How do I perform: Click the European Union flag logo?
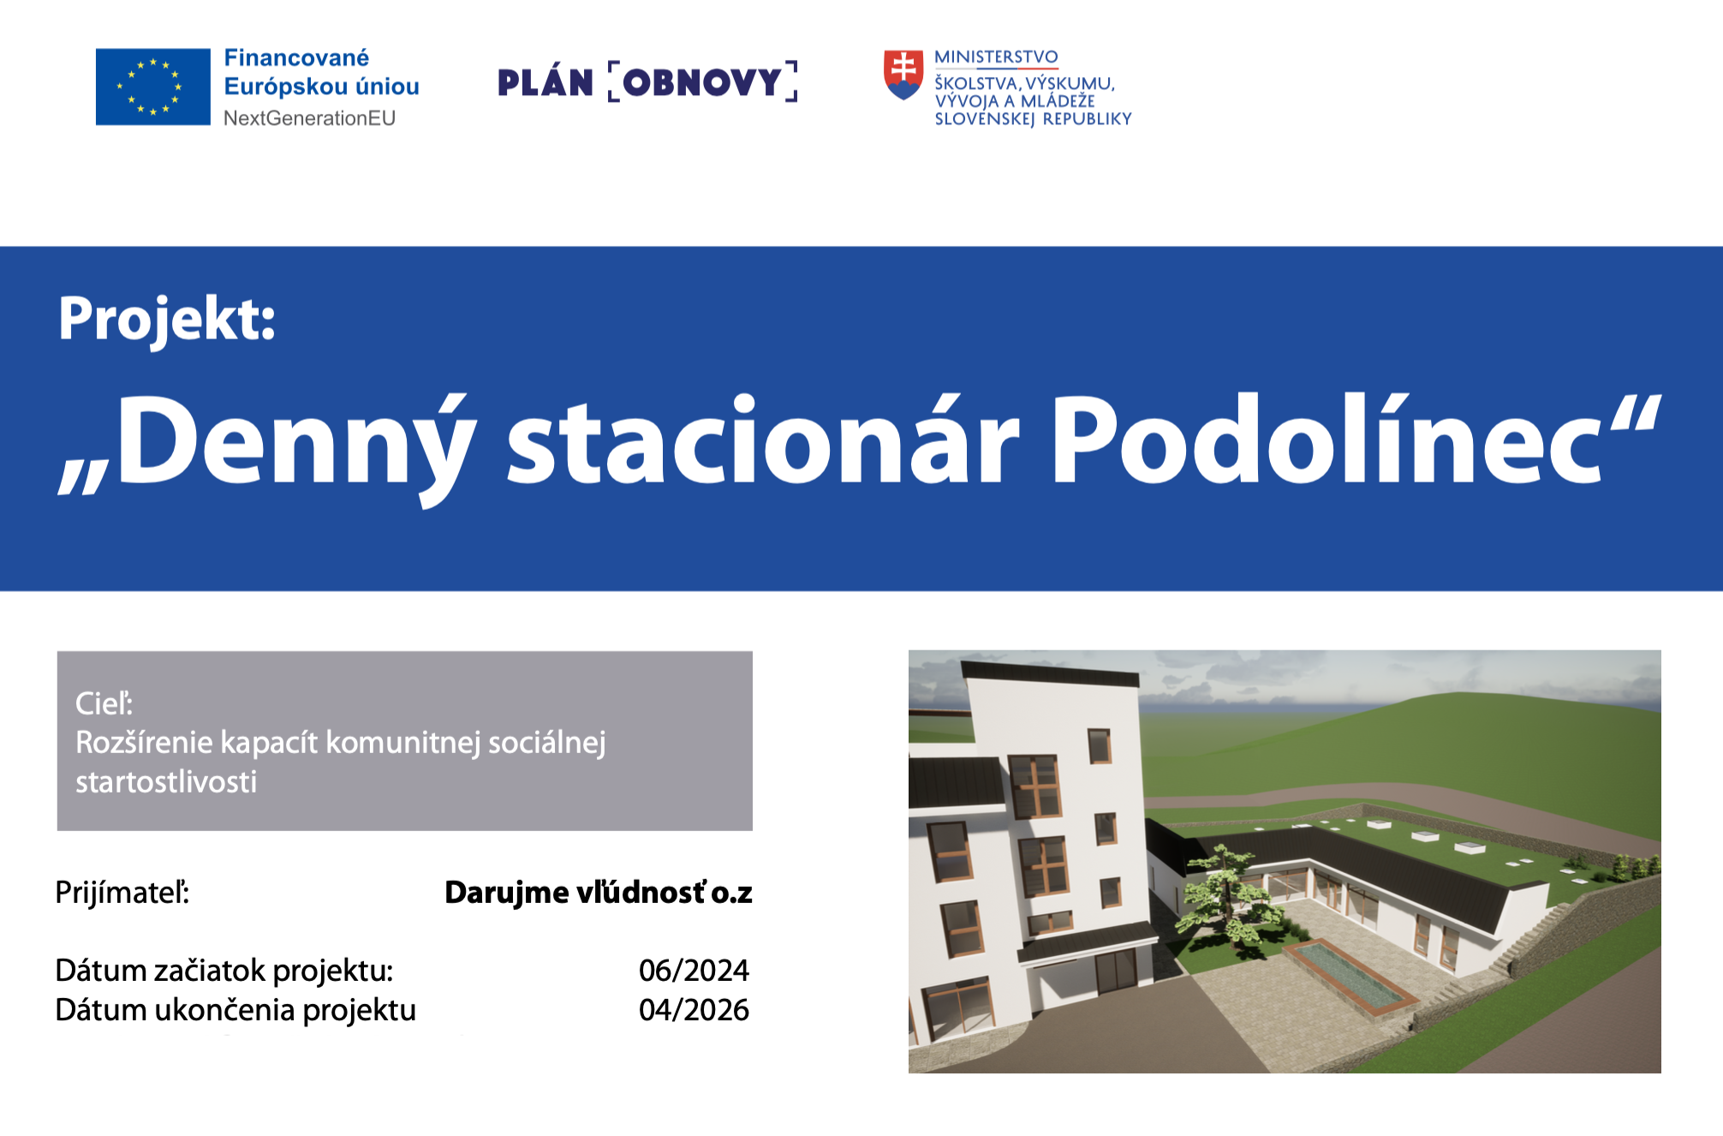[x=152, y=87]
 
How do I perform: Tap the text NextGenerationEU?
[x=309, y=118]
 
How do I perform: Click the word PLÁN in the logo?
[x=546, y=81]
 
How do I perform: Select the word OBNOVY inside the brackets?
[x=702, y=82]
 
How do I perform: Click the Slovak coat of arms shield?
[x=903, y=75]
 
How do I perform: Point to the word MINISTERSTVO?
[x=996, y=57]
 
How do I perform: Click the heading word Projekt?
[x=167, y=320]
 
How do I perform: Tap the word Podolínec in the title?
[x=1326, y=440]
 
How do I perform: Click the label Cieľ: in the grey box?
[x=104, y=703]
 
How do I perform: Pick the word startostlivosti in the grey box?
[x=166, y=781]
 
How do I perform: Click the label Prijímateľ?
[x=122, y=893]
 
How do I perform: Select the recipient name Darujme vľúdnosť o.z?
[x=599, y=893]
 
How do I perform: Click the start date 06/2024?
[x=694, y=971]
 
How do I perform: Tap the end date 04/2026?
[x=694, y=1010]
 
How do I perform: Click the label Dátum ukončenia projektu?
[x=235, y=1011]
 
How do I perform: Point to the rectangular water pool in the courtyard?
[x=1350, y=978]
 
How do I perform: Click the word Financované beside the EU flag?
[x=296, y=58]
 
